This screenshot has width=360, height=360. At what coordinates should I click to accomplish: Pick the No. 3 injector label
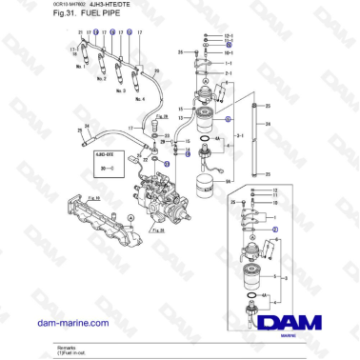pos(120,91)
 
